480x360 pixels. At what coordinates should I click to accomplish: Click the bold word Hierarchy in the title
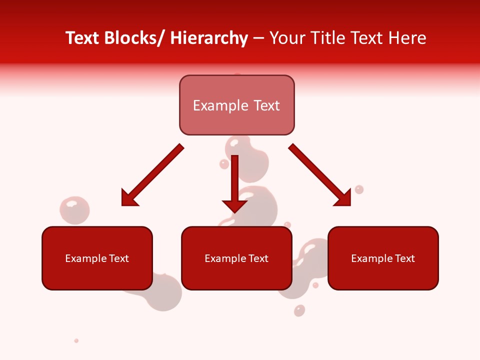tap(209, 38)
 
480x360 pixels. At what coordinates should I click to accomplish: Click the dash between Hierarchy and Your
tap(258, 39)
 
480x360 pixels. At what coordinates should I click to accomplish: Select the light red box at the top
tap(236, 105)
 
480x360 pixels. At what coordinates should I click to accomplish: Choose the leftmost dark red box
tap(97, 258)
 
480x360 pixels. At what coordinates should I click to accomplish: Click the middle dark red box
tap(236, 258)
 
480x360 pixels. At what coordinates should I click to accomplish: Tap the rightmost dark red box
tap(383, 258)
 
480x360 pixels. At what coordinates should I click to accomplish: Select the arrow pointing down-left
tap(152, 175)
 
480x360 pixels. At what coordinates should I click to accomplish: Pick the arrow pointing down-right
tap(320, 175)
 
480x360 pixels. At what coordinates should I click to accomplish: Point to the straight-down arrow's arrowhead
tap(234, 206)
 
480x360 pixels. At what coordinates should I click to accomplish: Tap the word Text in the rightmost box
tap(405, 258)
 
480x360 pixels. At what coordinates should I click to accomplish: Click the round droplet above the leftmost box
tap(74, 209)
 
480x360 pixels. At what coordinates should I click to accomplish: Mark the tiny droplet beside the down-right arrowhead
tap(359, 189)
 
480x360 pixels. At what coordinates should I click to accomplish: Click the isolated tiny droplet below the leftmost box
tap(76, 340)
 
